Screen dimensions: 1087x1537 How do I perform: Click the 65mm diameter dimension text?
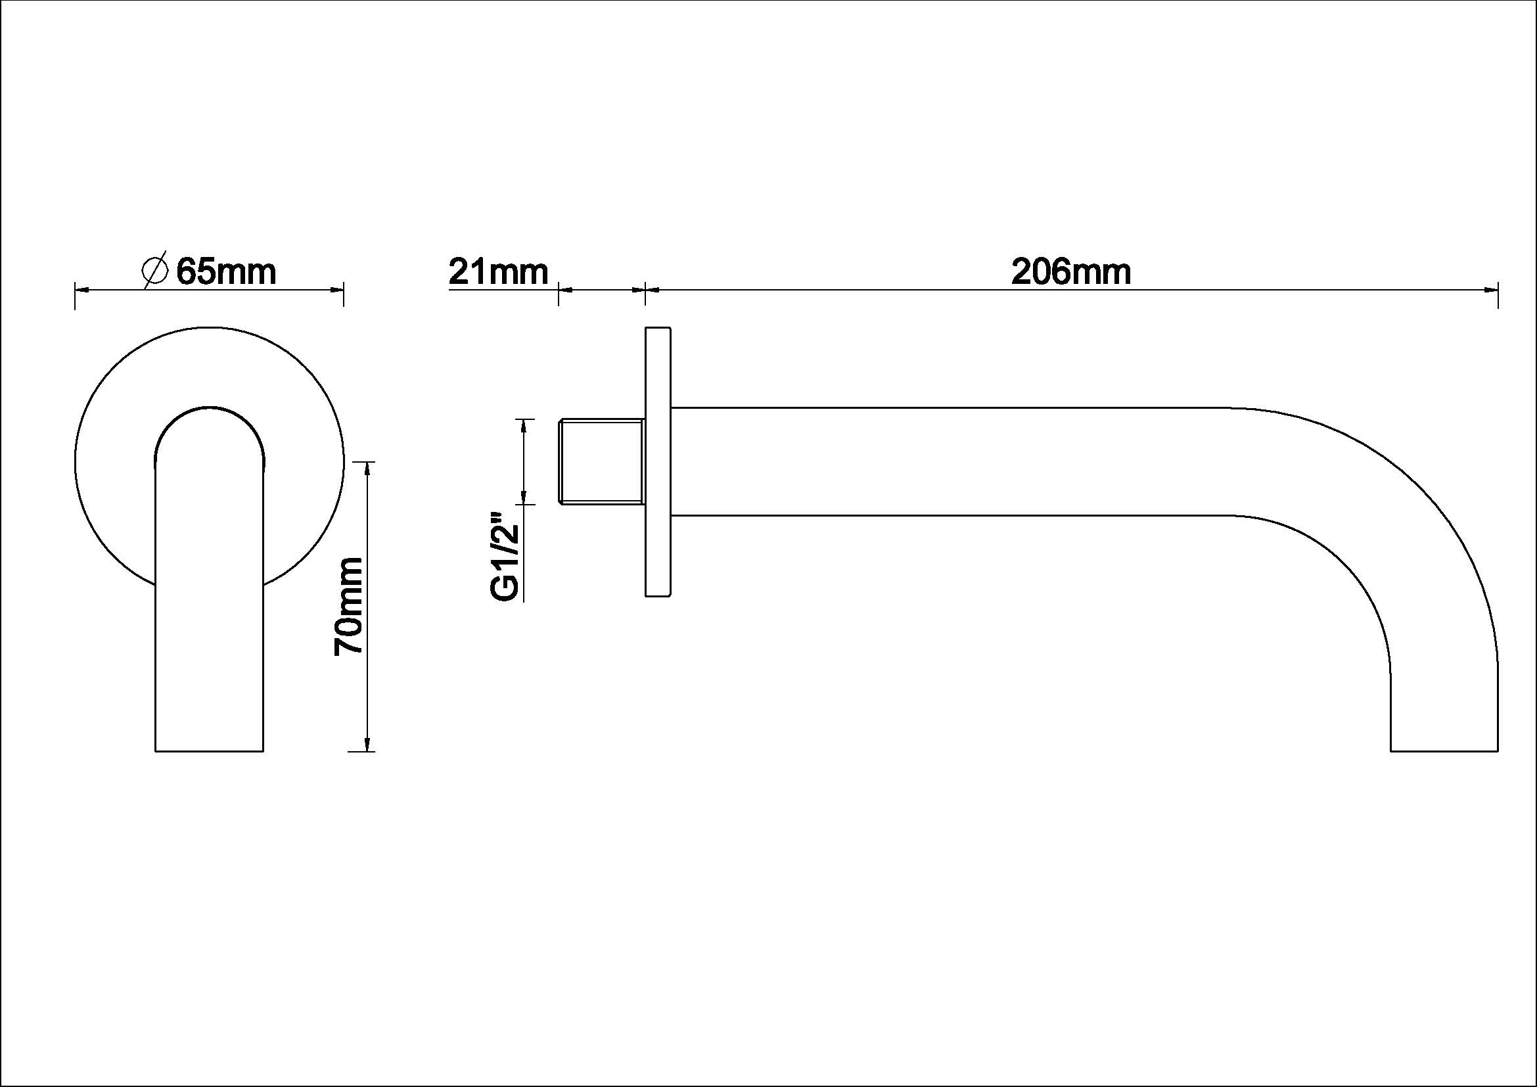pos(225,272)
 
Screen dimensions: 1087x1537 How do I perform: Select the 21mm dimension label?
pos(498,272)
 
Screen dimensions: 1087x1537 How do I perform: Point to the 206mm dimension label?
pos(1070,272)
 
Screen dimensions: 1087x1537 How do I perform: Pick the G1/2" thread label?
pos(505,557)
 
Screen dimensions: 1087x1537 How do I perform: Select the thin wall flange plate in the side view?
pos(658,461)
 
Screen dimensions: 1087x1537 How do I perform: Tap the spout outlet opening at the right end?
pos(1444,751)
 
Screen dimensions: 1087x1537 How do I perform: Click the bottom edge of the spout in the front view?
pos(210,751)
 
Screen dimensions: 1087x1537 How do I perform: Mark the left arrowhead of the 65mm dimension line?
pos(81,290)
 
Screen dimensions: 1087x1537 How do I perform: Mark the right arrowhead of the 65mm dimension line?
pos(336,290)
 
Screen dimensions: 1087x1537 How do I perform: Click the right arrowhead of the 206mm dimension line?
pos(1491,290)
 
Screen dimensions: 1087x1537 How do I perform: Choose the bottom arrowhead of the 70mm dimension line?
pos(367,743)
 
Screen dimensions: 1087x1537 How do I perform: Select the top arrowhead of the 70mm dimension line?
pos(367,470)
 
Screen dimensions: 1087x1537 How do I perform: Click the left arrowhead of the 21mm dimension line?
pos(566,290)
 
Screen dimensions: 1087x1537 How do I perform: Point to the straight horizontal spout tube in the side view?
pos(937,461)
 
